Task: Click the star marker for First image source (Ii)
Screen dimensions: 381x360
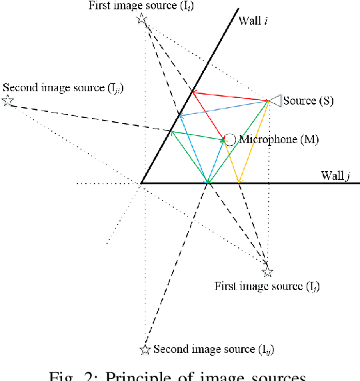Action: [x=141, y=19]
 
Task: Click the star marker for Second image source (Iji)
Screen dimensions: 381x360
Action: [x=7, y=101]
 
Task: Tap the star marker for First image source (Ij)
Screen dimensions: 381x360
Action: [x=267, y=272]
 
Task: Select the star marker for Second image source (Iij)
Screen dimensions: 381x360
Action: [x=145, y=349]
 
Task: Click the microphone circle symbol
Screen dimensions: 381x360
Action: [x=230, y=139]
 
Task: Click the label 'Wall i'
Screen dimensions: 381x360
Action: [x=254, y=21]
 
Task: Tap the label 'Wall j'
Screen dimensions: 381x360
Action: [x=335, y=175]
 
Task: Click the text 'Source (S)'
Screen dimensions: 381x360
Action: [x=308, y=101]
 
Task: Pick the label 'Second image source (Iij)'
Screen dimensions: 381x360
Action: [x=213, y=349]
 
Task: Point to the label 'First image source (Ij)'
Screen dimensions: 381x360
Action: [x=267, y=286]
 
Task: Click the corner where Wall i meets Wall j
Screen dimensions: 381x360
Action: [x=141, y=183]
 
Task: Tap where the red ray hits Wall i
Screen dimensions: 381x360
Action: [x=193, y=91]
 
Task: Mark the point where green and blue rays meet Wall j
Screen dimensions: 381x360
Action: [x=208, y=182]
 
